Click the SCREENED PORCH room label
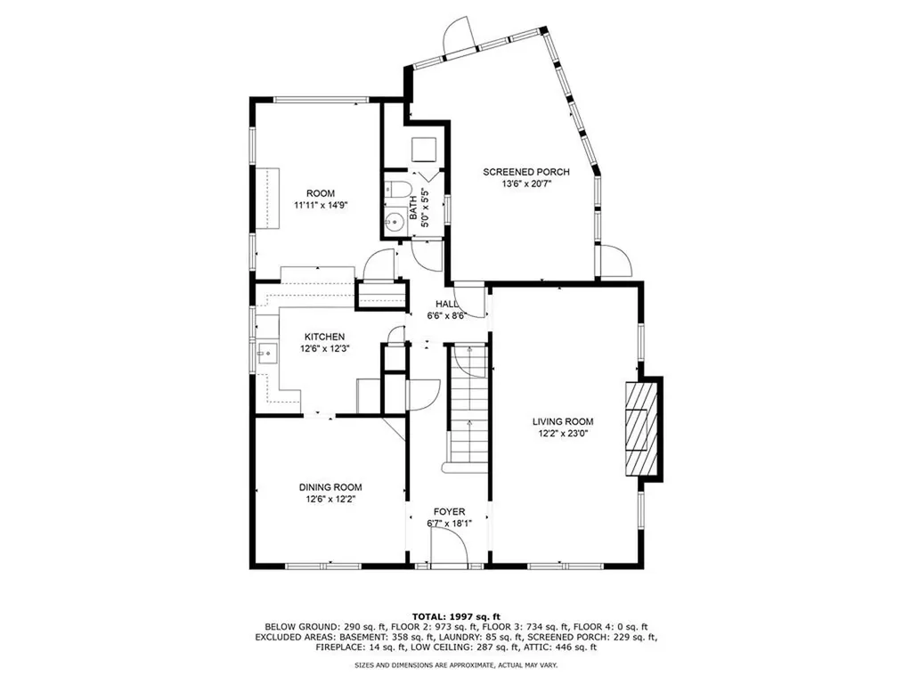click(526, 172)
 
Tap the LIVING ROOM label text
click(563, 422)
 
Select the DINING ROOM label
click(330, 487)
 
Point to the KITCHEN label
click(324, 337)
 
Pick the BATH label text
click(415, 214)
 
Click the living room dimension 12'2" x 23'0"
click(563, 434)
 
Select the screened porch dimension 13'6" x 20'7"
click(526, 183)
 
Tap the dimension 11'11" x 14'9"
click(321, 205)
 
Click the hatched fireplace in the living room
click(643, 429)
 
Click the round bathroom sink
click(394, 223)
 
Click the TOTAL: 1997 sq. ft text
click(455, 616)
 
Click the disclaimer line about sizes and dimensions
click(455, 664)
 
